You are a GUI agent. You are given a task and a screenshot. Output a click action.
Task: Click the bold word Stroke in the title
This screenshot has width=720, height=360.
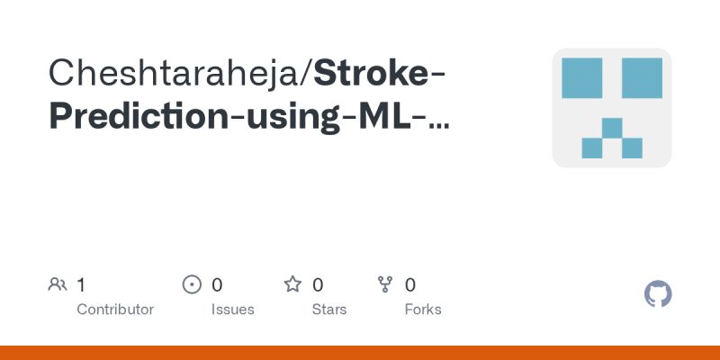tap(370, 73)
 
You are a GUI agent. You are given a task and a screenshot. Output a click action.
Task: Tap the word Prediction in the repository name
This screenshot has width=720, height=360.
tap(136, 117)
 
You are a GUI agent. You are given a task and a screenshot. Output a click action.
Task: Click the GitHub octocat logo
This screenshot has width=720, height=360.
tap(659, 294)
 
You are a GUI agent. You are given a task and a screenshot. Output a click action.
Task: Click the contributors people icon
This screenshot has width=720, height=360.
tap(58, 285)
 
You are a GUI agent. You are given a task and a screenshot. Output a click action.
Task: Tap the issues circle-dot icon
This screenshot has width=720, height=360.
tap(192, 285)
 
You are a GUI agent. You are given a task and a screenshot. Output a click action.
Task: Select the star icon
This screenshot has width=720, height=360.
tap(292, 285)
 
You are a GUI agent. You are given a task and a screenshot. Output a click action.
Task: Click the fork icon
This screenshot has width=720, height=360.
tap(385, 285)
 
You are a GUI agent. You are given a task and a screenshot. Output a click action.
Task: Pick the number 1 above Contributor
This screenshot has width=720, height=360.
tap(81, 285)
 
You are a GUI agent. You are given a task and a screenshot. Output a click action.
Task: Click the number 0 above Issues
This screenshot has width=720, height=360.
tap(217, 285)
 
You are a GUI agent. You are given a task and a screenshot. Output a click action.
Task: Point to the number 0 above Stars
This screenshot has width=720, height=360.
tap(318, 285)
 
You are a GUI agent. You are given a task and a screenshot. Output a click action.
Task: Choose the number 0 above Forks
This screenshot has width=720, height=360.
tap(410, 285)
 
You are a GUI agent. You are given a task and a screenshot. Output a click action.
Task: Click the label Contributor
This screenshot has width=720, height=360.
tap(115, 310)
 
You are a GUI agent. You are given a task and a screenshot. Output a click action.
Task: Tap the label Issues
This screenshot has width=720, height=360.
tap(233, 310)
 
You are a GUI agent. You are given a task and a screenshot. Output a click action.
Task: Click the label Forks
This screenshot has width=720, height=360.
tap(423, 310)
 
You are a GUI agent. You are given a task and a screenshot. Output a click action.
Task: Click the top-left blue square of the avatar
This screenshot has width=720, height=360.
tap(581, 77)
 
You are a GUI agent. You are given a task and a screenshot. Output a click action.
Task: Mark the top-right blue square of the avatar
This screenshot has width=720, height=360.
tap(642, 77)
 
